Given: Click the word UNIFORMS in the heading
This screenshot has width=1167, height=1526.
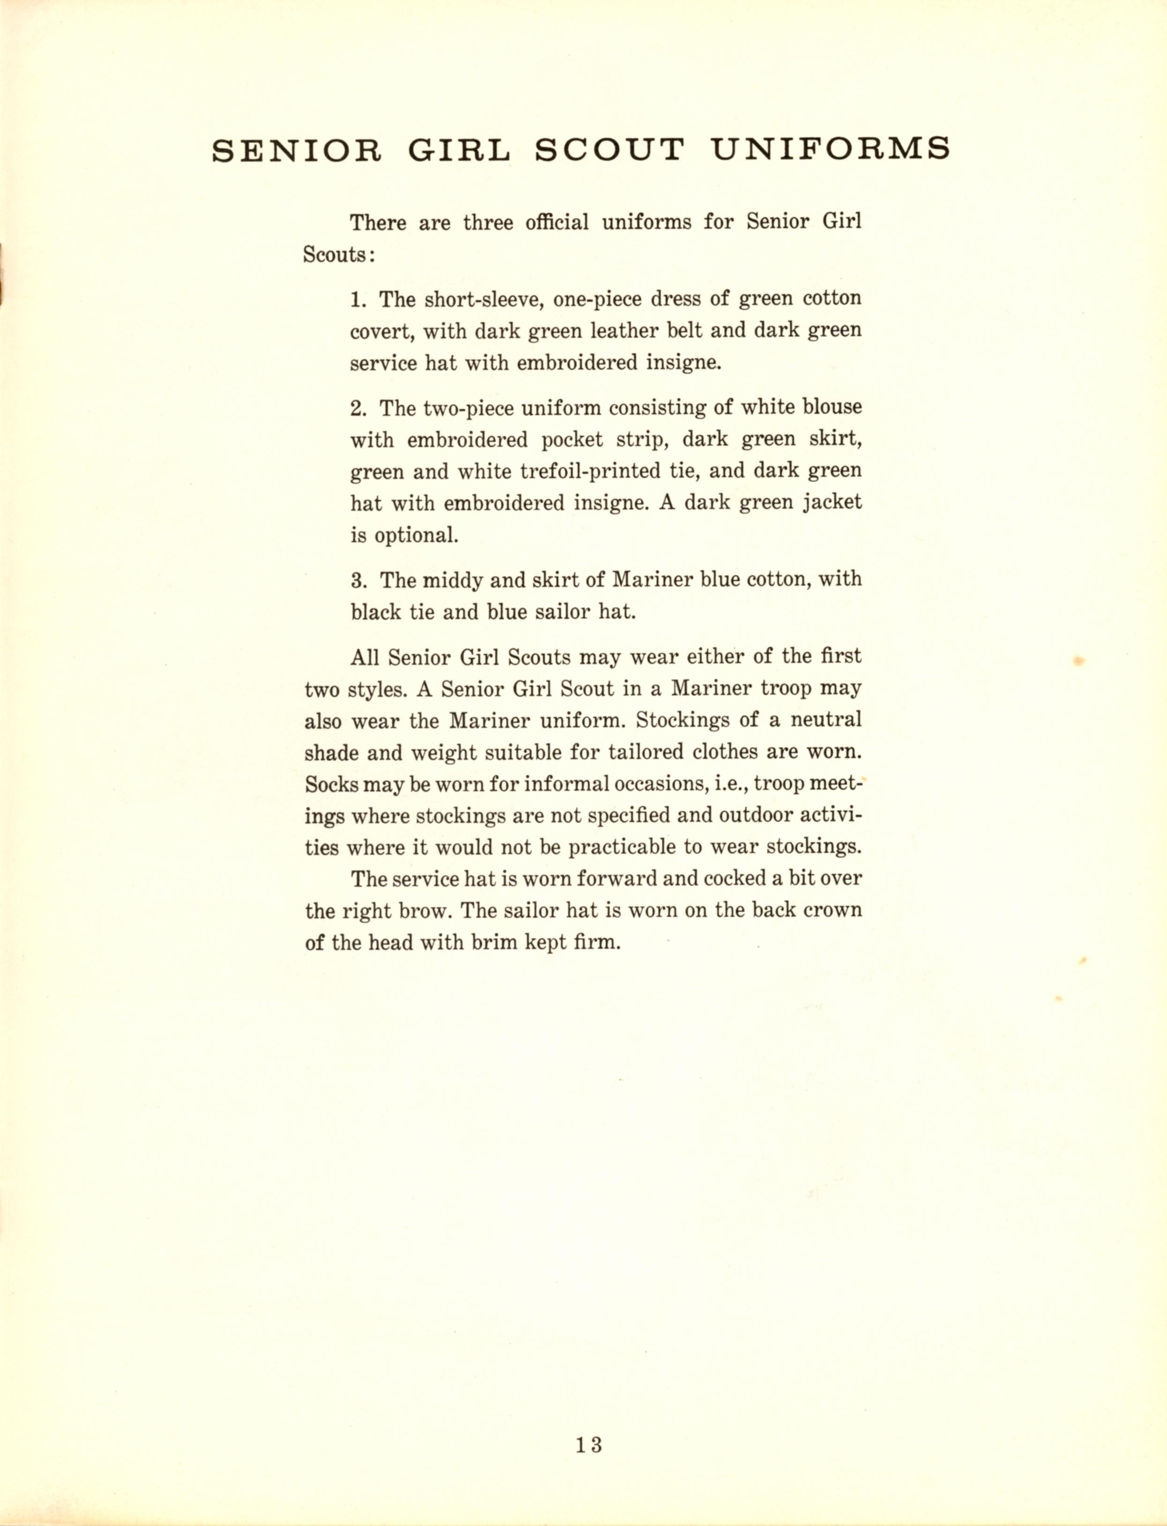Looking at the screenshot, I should (x=831, y=150).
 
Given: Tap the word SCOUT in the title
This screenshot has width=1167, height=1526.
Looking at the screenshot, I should (x=609, y=150).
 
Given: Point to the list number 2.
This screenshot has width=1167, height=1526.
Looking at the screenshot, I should (x=358, y=408).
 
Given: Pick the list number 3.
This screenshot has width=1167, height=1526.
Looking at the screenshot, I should (x=358, y=579).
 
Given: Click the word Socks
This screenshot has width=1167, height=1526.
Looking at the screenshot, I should (x=331, y=784).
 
